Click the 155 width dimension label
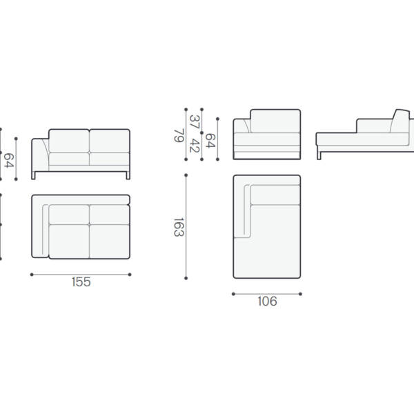[x=81, y=282]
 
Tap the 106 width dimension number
[x=267, y=302]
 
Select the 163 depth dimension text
[x=179, y=227]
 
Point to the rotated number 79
[x=179, y=135]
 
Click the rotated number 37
[x=195, y=122]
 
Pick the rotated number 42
[x=195, y=146]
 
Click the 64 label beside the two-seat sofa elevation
[x=9, y=161]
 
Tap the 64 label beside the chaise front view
[x=210, y=141]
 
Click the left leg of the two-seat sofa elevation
[x=33, y=175]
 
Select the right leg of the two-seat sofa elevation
[x=128, y=175]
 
